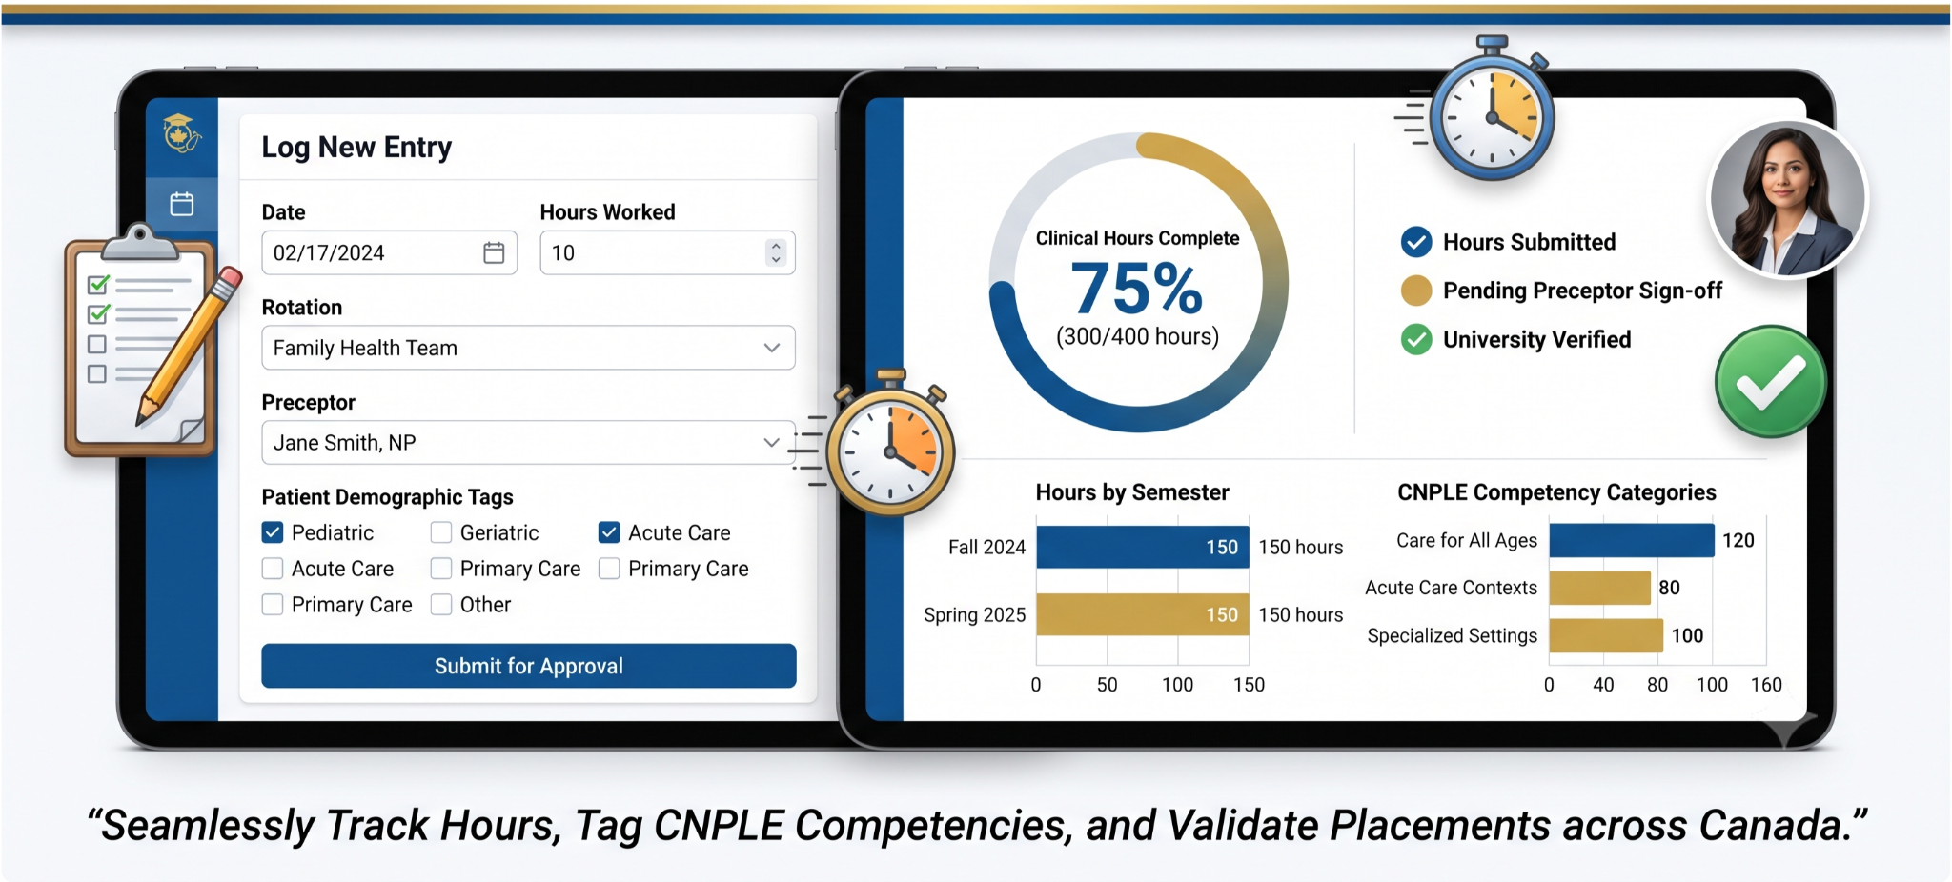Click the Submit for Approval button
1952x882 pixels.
pyautogui.click(x=529, y=666)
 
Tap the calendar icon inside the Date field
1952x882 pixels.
pyautogui.click(x=494, y=252)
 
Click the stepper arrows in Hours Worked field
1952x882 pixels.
pyautogui.click(x=776, y=252)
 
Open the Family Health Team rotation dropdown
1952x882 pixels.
pyautogui.click(x=528, y=348)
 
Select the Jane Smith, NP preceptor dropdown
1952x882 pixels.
pyautogui.click(x=528, y=442)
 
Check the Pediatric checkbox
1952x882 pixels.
pyautogui.click(x=273, y=532)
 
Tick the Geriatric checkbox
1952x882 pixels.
pyautogui.click(x=440, y=532)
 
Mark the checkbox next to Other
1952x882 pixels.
pyautogui.click(x=440, y=605)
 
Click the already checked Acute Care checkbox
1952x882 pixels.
pyautogui.click(x=609, y=532)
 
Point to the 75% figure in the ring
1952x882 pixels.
pyautogui.click(x=1137, y=288)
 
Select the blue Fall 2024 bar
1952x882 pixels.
pyautogui.click(x=1143, y=547)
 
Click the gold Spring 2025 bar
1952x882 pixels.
pyautogui.click(x=1143, y=614)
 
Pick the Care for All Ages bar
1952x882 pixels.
pyautogui.click(x=1632, y=540)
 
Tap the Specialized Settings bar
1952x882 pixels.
pyautogui.click(x=1606, y=635)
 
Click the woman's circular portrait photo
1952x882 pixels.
pyautogui.click(x=1787, y=198)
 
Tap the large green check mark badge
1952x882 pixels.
pyautogui.click(x=1771, y=382)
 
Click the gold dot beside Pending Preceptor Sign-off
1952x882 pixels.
pyautogui.click(x=1416, y=291)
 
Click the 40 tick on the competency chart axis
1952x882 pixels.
pyautogui.click(x=1603, y=685)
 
